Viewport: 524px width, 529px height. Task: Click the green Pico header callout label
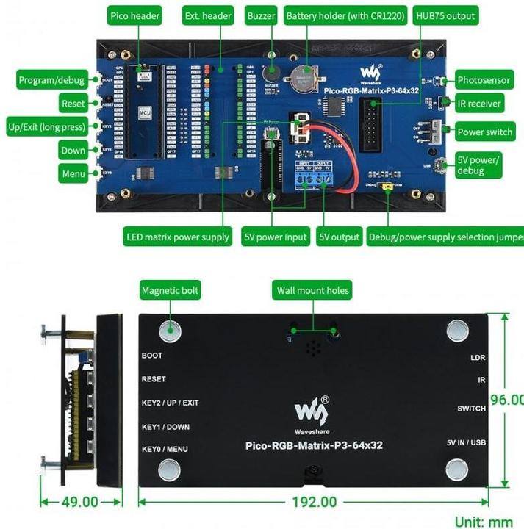[134, 15]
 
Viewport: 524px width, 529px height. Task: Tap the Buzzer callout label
[261, 15]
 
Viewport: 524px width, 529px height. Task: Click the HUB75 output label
[445, 15]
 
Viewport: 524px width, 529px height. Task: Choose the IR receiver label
[478, 104]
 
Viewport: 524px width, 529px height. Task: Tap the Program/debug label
[51, 80]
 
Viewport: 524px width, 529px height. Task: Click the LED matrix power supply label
[179, 237]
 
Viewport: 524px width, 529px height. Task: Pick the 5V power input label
[276, 237]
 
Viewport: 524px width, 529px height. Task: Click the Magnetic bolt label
[171, 291]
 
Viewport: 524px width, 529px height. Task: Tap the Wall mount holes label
[312, 290]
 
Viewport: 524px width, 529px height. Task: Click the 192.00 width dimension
[313, 502]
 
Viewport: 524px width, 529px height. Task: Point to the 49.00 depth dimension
[79, 502]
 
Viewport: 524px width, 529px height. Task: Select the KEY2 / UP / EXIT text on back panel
[170, 403]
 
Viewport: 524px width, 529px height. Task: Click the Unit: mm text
[483, 522]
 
